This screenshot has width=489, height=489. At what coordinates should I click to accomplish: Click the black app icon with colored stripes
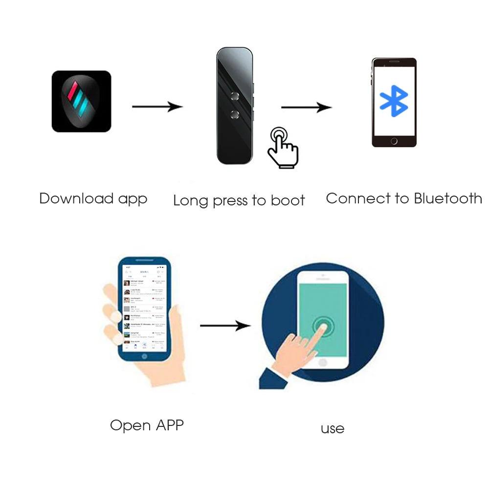tap(81, 101)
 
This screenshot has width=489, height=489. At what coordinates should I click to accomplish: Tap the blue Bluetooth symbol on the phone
tap(394, 101)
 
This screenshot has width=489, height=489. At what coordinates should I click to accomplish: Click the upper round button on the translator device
tap(234, 95)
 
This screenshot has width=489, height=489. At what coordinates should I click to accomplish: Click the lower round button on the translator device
tap(234, 114)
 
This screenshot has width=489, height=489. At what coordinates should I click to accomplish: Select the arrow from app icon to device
tap(157, 106)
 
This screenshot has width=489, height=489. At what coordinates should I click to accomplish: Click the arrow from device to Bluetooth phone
tap(306, 107)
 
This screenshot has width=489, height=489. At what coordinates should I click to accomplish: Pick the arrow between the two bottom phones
tap(225, 325)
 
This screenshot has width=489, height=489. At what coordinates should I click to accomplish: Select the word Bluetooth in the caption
tap(447, 199)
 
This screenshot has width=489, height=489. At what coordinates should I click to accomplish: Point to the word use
tap(333, 429)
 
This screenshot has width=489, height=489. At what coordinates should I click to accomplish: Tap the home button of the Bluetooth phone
tap(394, 141)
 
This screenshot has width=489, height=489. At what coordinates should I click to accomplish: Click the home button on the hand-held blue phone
tap(144, 356)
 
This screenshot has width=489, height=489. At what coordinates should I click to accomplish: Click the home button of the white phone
tap(322, 363)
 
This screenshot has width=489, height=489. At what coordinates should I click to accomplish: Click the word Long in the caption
tap(190, 200)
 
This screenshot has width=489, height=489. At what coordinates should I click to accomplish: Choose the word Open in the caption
tap(130, 425)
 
